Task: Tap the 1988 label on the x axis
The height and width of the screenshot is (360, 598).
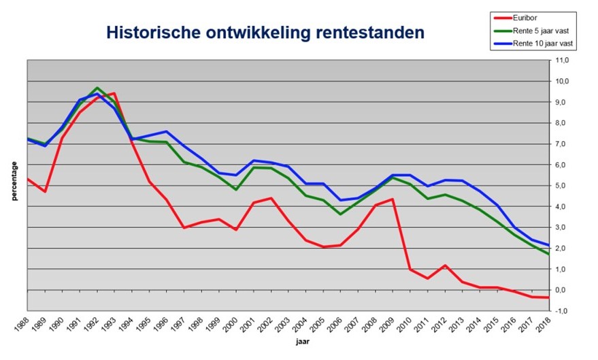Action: (x=22, y=325)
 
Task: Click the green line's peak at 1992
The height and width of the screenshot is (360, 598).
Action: (x=97, y=88)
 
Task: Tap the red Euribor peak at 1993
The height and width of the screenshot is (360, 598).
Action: (x=114, y=93)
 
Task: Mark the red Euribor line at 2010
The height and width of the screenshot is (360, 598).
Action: (x=409, y=269)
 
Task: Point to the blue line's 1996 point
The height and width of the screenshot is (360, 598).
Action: (x=166, y=131)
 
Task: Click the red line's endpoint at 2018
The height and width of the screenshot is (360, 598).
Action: (x=548, y=297)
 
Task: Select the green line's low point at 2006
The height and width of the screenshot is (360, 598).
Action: (x=339, y=214)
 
